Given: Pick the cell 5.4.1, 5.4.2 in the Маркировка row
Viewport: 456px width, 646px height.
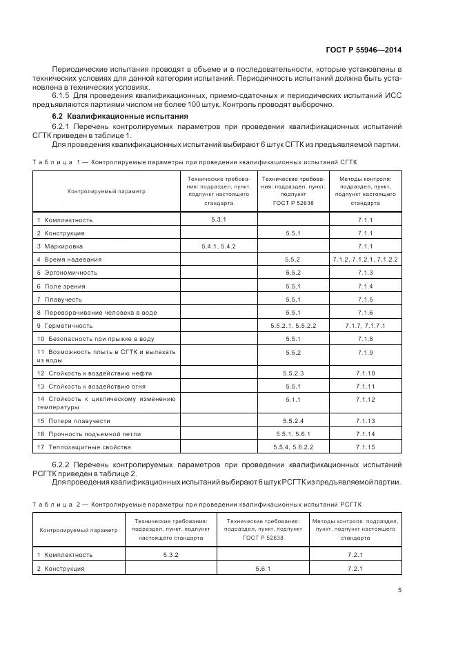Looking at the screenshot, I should (219, 246).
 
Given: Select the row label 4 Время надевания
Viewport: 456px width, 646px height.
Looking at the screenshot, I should (69, 260).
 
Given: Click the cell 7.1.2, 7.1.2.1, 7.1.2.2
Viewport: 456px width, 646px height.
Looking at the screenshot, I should (365, 260).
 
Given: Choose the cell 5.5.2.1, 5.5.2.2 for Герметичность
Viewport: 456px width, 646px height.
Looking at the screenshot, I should (293, 325).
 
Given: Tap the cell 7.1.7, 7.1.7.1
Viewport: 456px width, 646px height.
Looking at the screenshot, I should (365, 325).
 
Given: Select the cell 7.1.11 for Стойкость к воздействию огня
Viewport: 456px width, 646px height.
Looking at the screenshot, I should (365, 386).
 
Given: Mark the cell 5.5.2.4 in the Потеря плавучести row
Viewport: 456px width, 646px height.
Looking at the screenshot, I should (293, 420).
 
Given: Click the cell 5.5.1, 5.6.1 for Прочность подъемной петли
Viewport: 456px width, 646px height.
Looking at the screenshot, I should (293, 433).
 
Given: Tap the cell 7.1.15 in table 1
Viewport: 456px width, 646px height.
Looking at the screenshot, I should (365, 447).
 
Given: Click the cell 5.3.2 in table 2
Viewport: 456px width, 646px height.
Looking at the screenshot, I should (170, 554).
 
